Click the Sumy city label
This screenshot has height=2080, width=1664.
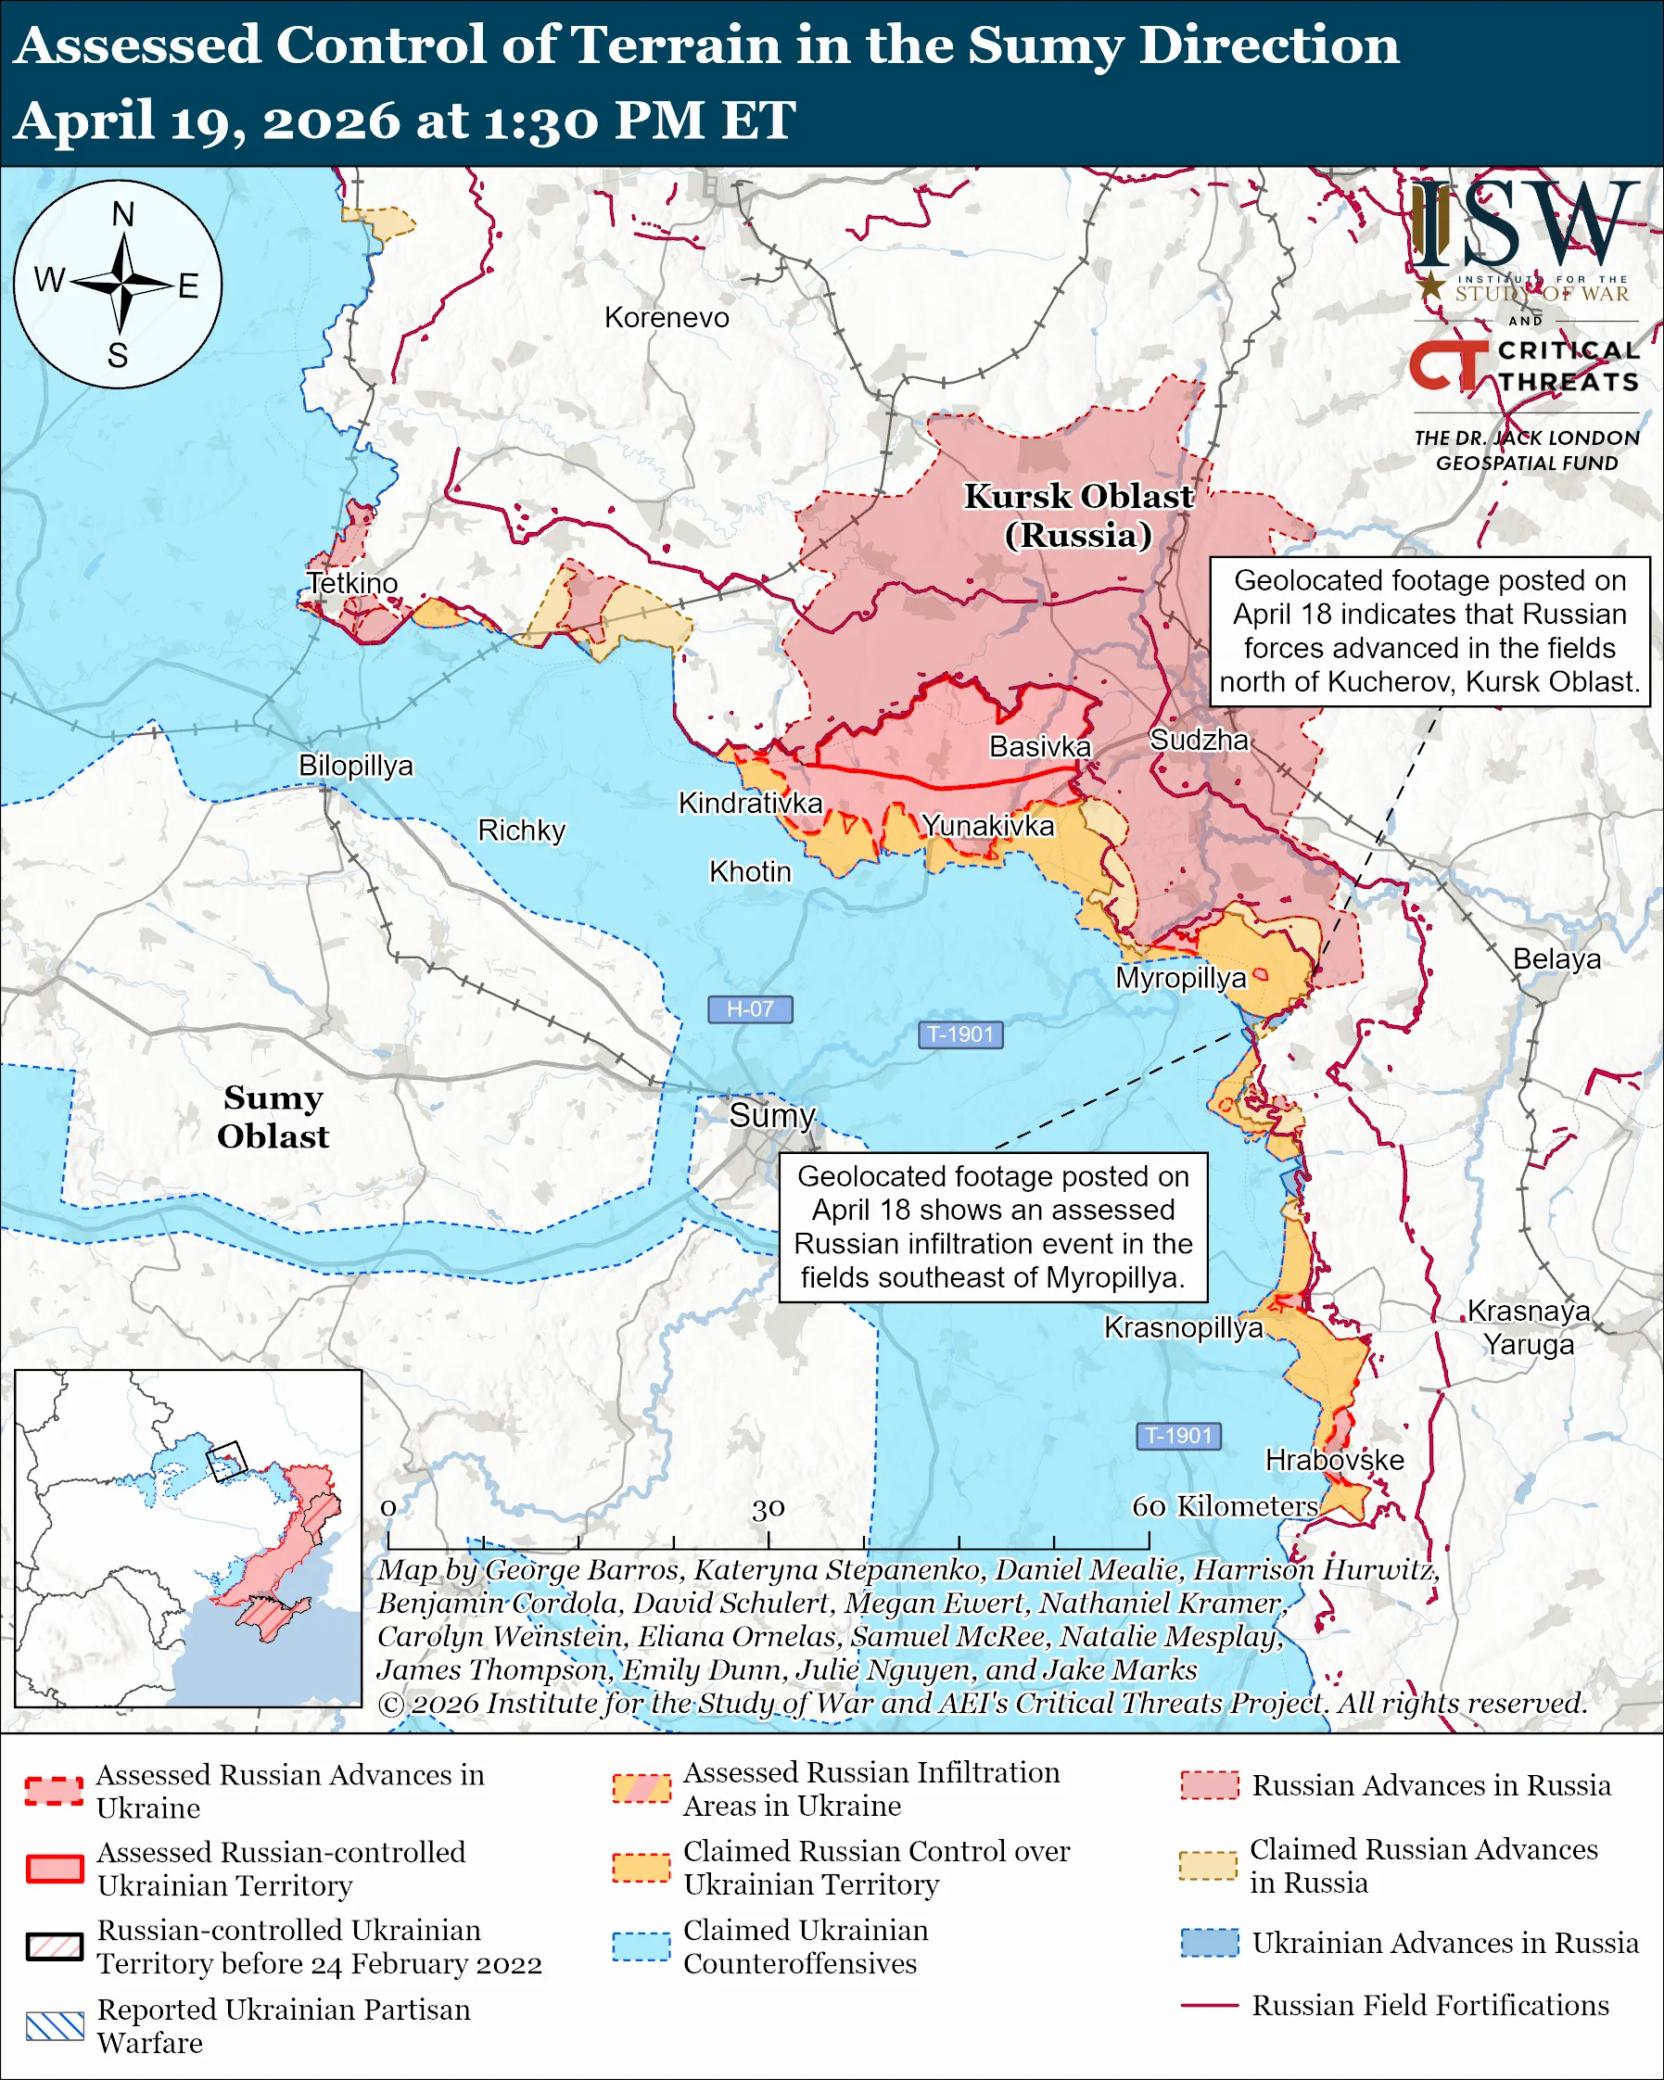pyautogui.click(x=771, y=1115)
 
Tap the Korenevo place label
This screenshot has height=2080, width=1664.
pyautogui.click(x=667, y=317)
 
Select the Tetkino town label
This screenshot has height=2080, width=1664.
pyautogui.click(x=352, y=583)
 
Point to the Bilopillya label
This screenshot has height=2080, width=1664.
pyautogui.click(x=355, y=765)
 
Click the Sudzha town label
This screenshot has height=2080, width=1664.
pyautogui.click(x=1199, y=740)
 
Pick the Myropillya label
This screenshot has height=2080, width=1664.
pyautogui.click(x=1181, y=977)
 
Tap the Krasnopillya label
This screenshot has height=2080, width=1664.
pyautogui.click(x=1183, y=1327)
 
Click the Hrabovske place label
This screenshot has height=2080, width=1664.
pyautogui.click(x=1334, y=1460)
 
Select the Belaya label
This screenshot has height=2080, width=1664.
pyautogui.click(x=1556, y=959)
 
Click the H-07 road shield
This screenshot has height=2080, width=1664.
pyautogui.click(x=750, y=1009)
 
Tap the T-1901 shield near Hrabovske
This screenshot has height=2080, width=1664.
pyautogui.click(x=1178, y=1436)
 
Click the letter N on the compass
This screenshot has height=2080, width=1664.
pyautogui.click(x=122, y=214)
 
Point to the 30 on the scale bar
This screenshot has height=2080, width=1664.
pyautogui.click(x=768, y=1508)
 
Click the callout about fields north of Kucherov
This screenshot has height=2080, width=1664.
pyautogui.click(x=1429, y=631)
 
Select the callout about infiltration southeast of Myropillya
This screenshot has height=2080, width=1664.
pyautogui.click(x=993, y=1226)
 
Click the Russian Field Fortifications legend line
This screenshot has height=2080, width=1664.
pyautogui.click(x=1209, y=2006)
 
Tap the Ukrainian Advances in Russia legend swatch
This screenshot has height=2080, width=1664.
pyautogui.click(x=1209, y=1942)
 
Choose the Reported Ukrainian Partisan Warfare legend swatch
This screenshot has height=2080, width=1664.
pyautogui.click(x=55, y=2027)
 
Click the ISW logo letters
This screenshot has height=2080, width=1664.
pyautogui.click(x=1524, y=223)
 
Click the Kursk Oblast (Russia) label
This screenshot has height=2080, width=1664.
pyautogui.click(x=1078, y=515)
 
